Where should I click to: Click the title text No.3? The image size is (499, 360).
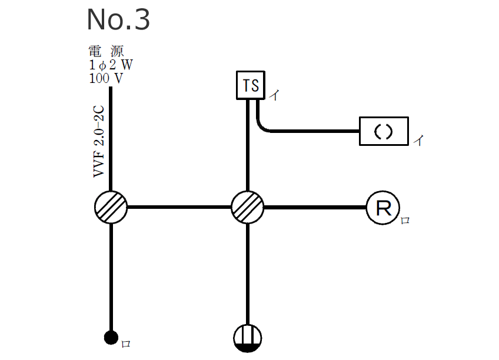tap(118, 20)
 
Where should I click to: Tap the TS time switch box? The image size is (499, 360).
tap(251, 85)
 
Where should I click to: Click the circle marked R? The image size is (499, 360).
tap(383, 208)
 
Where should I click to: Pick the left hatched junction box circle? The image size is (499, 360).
tap(111, 207)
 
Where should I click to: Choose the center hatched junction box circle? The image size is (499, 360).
tap(247, 207)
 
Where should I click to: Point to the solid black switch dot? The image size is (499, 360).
tap(111, 337)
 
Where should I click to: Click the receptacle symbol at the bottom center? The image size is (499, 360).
tap(247, 338)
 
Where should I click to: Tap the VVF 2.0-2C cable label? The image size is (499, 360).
tap(98, 142)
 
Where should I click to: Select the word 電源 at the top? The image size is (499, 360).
tap(106, 51)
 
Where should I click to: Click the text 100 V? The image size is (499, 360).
tap(106, 78)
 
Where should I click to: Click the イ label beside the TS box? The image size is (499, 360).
tap(274, 95)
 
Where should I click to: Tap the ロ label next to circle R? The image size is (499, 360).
tap(405, 221)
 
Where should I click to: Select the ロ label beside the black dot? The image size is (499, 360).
tap(125, 344)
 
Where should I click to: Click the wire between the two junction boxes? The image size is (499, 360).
tap(179, 207)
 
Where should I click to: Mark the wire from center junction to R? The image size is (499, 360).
tap(315, 207)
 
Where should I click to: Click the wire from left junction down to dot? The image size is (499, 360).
tap(111, 276)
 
